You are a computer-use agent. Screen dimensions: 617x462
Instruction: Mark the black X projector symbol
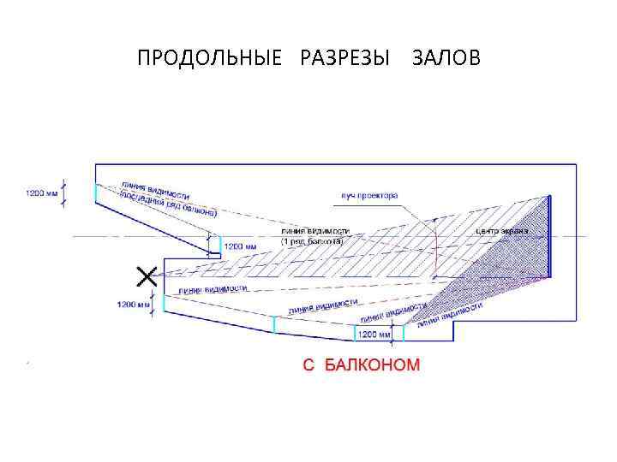[147, 275]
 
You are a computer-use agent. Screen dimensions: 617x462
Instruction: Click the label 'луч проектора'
[370, 196]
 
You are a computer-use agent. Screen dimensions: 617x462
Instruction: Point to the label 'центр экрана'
[500, 231]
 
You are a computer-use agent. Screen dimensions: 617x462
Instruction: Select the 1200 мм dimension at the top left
[40, 193]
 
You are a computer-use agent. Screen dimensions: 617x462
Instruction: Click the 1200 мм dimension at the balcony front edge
[240, 246]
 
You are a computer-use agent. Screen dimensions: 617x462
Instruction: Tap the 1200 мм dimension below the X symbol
[134, 304]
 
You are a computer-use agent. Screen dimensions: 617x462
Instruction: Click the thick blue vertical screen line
[548, 236]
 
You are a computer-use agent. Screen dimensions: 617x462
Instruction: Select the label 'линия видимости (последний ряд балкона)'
[166, 199]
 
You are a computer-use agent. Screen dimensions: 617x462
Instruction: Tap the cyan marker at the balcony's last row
[95, 192]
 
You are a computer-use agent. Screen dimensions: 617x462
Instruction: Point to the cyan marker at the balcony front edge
[219, 244]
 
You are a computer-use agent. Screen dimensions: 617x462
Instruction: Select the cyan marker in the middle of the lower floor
[274, 323]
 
